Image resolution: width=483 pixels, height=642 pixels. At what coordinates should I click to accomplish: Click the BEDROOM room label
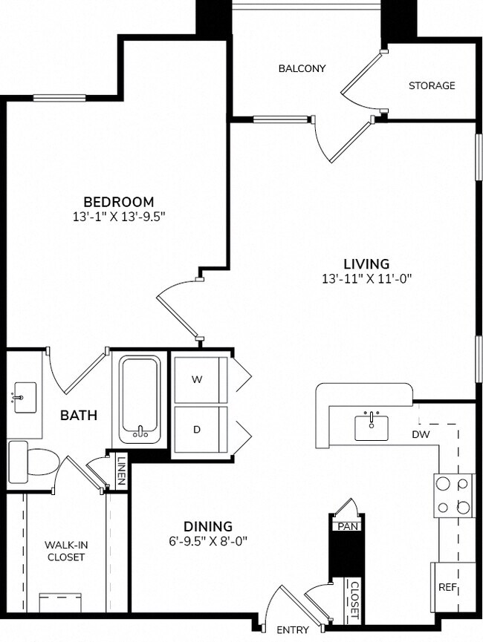tap(118, 201)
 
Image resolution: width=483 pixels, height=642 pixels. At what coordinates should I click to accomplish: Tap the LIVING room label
tap(366, 263)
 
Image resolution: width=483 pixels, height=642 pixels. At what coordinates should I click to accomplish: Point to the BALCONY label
tap(302, 68)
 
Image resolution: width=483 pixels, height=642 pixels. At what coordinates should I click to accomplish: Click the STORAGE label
tap(432, 85)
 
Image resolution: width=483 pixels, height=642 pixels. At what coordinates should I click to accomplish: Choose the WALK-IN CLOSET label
tap(66, 550)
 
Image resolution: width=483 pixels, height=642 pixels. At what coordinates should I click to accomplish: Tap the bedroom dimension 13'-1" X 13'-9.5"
tap(118, 217)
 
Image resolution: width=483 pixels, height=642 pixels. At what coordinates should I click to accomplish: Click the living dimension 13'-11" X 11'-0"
tap(366, 279)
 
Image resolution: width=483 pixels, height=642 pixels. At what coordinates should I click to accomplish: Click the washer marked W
tap(198, 379)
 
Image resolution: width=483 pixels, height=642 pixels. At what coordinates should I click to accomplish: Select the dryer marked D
tap(198, 430)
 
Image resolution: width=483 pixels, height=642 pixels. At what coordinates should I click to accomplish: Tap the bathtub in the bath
tap(140, 400)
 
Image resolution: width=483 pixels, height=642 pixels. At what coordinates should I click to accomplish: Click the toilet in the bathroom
tap(34, 461)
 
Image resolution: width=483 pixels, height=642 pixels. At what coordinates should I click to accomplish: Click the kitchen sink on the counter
tap(372, 427)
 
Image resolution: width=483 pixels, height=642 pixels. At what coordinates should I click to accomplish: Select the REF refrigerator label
tap(447, 586)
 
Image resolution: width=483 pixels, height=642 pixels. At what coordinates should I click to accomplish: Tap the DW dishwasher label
tap(421, 434)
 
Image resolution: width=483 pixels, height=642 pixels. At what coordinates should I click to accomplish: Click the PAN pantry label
tap(346, 526)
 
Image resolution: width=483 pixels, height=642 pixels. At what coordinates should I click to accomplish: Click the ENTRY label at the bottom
tap(293, 630)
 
